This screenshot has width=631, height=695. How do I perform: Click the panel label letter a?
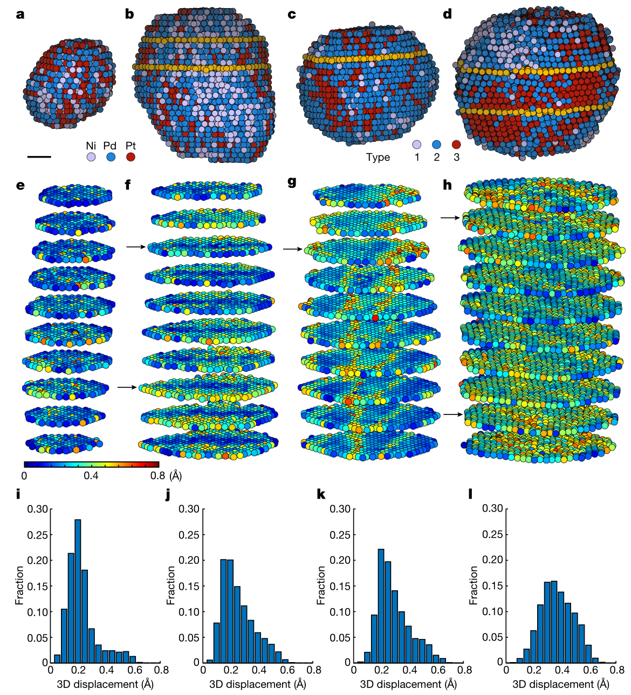point(20,15)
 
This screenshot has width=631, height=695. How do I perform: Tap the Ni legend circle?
point(91,157)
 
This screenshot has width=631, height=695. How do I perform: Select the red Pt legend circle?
point(130,157)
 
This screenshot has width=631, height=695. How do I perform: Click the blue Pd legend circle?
point(111,157)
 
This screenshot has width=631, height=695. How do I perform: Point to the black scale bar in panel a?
point(39,157)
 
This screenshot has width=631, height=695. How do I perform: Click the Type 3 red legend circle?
point(456,145)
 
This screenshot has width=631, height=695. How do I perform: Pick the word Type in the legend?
point(378,158)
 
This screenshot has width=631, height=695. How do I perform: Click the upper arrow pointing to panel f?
point(136,247)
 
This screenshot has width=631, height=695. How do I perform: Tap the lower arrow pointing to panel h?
point(452,414)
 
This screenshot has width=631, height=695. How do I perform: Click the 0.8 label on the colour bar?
point(157,476)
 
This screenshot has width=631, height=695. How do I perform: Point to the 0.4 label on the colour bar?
point(91,476)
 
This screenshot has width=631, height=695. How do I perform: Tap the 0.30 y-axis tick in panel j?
point(189,508)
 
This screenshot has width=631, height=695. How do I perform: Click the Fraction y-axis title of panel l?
point(474,585)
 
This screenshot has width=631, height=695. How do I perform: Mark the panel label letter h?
point(447,185)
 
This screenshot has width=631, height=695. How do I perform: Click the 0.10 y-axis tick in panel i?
point(38,611)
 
